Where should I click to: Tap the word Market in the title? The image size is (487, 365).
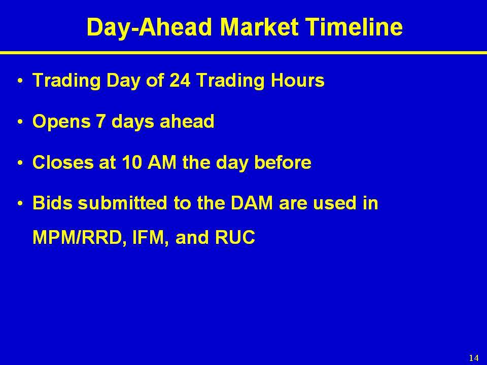(259, 27)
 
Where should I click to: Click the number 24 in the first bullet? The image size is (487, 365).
(180, 80)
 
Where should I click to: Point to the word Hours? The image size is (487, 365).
(298, 80)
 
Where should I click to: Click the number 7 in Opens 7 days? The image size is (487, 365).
(101, 121)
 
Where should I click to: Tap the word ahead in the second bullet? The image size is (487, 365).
(187, 121)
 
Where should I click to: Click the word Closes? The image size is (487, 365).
(63, 162)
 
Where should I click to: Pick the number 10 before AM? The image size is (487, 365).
(132, 162)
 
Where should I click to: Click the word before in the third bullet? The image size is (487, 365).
(283, 162)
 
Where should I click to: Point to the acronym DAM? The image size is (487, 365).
(252, 203)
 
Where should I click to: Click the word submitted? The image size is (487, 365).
(122, 203)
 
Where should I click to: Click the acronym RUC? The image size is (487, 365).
(235, 237)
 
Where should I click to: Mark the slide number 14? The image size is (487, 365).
(474, 358)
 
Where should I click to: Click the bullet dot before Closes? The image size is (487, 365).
(20, 163)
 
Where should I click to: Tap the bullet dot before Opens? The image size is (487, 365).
(20, 122)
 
